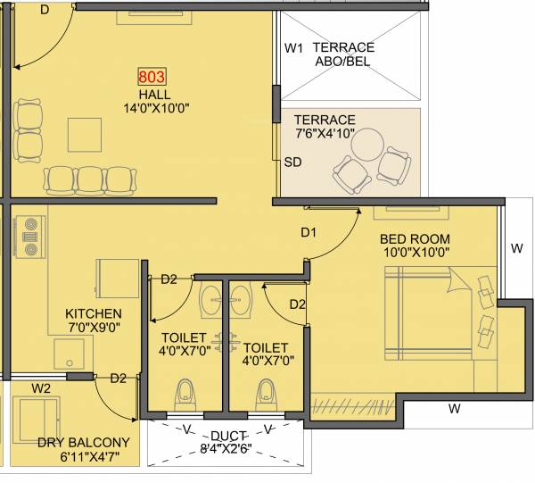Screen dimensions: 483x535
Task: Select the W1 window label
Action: tap(294, 47)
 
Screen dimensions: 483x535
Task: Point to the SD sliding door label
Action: tap(292, 162)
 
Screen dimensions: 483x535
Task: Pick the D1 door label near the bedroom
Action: tap(309, 233)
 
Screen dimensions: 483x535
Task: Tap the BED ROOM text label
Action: tap(415, 239)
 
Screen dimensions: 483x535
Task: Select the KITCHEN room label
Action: tap(94, 314)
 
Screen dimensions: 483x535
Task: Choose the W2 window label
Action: tap(41, 388)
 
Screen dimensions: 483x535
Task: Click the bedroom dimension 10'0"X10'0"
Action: tap(415, 254)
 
